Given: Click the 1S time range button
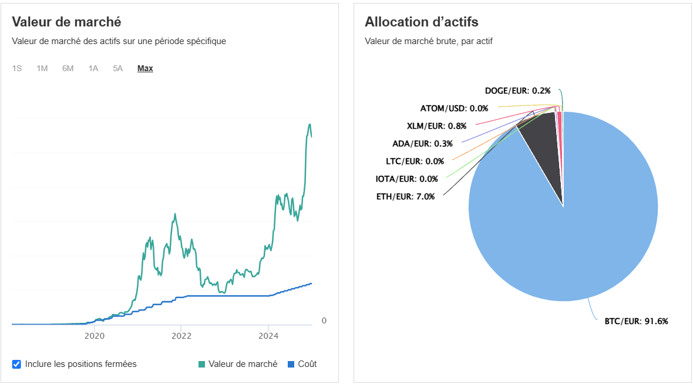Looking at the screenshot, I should (x=17, y=68).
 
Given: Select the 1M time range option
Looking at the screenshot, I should (x=42, y=68).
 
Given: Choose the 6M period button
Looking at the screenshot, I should (x=68, y=68).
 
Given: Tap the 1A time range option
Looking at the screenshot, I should (x=93, y=68).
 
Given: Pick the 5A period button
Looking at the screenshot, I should (x=118, y=68).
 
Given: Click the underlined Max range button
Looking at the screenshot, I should (x=145, y=68).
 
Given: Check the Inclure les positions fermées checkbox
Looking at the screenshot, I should (x=16, y=364).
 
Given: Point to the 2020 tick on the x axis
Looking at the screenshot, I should (x=95, y=336).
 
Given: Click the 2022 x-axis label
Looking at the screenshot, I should (x=181, y=336).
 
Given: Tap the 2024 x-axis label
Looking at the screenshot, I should (x=268, y=336).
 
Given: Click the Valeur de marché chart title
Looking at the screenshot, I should (x=66, y=22).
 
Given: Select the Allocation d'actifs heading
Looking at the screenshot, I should (x=421, y=22).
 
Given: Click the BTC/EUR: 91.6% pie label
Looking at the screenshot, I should (x=636, y=321).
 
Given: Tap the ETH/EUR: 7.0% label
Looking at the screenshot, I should (x=405, y=196).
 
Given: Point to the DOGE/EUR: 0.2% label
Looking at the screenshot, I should (x=517, y=91).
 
